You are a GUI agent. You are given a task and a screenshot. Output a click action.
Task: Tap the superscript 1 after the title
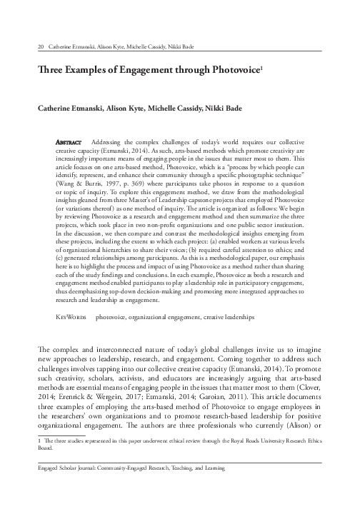pos(263,69)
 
